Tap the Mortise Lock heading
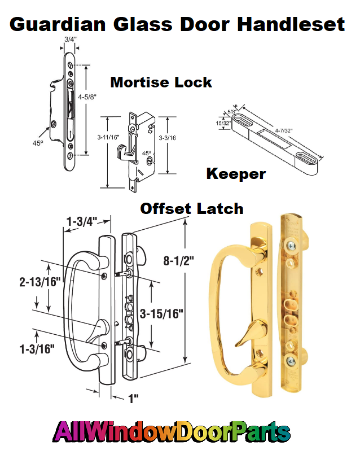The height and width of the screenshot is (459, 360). click(161, 82)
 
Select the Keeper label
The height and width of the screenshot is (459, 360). click(236, 173)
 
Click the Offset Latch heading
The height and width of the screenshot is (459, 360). click(192, 208)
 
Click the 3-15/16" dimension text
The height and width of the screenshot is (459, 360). click(162, 314)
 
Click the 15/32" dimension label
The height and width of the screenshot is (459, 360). click(222, 121)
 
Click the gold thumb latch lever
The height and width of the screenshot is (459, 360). click(247, 333)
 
